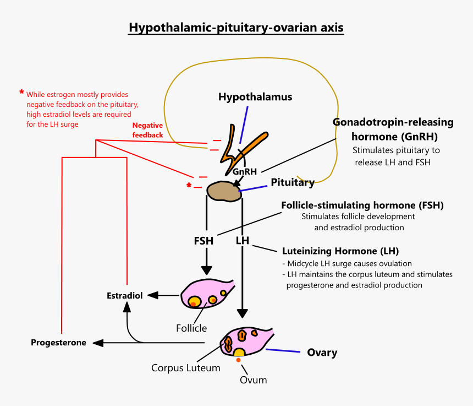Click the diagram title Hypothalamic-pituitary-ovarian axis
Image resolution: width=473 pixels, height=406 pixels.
(x=236, y=28)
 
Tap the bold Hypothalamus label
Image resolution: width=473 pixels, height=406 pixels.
(x=255, y=97)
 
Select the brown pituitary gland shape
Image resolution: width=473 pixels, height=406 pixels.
(x=224, y=191)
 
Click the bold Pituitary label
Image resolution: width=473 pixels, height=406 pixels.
(x=293, y=182)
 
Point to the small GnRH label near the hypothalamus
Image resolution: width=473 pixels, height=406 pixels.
(x=245, y=171)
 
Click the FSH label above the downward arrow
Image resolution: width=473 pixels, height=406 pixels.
(x=204, y=241)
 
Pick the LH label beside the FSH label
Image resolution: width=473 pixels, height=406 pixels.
(x=243, y=241)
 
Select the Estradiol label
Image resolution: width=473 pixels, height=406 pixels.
(x=124, y=295)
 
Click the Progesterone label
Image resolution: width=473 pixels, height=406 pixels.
(x=58, y=343)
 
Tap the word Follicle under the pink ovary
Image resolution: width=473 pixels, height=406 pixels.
(x=191, y=328)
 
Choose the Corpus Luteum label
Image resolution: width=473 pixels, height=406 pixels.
(x=186, y=367)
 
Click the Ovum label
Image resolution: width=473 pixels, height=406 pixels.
(x=254, y=380)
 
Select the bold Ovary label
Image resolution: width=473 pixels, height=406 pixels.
(x=322, y=353)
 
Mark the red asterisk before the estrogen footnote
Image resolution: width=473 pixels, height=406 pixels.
(x=21, y=93)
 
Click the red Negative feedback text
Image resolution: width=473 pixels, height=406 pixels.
(x=147, y=130)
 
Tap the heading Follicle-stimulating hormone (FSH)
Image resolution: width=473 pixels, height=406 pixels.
(x=362, y=205)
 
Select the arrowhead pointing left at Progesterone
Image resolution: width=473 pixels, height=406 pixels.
(x=97, y=343)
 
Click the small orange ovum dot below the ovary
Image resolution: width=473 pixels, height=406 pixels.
(x=238, y=360)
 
